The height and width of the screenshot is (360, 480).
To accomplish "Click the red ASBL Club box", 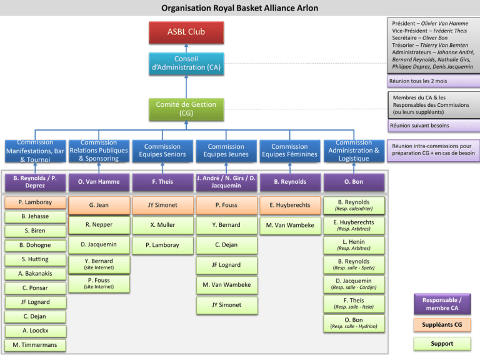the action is [186, 32].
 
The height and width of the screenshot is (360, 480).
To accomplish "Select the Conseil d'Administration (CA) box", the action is [186, 64].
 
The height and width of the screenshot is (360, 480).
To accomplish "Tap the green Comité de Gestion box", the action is [186, 109].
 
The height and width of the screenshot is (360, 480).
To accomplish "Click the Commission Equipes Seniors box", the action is [162, 151].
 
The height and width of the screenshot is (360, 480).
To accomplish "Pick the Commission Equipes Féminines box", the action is [289, 151].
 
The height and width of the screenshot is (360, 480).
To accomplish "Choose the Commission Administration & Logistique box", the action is [354, 151].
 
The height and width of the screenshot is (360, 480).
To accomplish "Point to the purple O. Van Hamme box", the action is [99, 182].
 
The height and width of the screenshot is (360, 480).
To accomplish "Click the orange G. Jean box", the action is [99, 205].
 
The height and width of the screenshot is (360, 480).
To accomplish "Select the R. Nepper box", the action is [99, 225].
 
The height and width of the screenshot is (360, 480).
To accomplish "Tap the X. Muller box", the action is [162, 225].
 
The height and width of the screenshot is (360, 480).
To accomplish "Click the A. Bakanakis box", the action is [35, 274].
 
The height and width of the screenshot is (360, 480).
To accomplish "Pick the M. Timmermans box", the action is [35, 345].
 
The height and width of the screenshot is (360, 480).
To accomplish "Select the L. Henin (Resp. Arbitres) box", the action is [354, 245].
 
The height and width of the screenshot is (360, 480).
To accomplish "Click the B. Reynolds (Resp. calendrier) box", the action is [354, 206].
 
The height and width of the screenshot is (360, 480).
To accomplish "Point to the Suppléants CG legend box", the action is [442, 325].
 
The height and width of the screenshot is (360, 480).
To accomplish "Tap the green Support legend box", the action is [442, 344].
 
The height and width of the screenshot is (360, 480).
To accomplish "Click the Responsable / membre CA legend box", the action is [442, 304].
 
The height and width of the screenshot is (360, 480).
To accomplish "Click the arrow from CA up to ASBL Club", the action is [186, 48].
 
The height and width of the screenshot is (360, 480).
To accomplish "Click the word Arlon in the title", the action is [307, 8].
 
